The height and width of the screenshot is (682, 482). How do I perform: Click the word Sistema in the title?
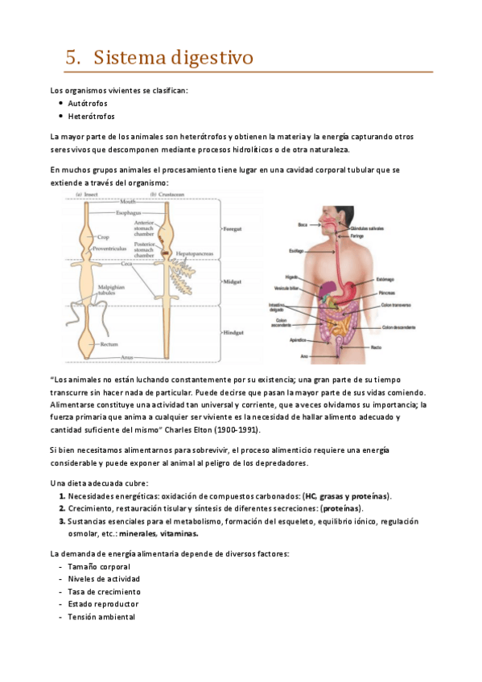134,58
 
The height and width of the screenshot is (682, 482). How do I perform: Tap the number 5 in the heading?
72,58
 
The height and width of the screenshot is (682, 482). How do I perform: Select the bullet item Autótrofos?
88,104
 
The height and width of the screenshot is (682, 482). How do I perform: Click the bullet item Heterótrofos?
91,117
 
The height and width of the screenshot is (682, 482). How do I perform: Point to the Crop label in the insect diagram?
104,238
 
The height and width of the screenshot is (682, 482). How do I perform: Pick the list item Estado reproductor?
103,603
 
